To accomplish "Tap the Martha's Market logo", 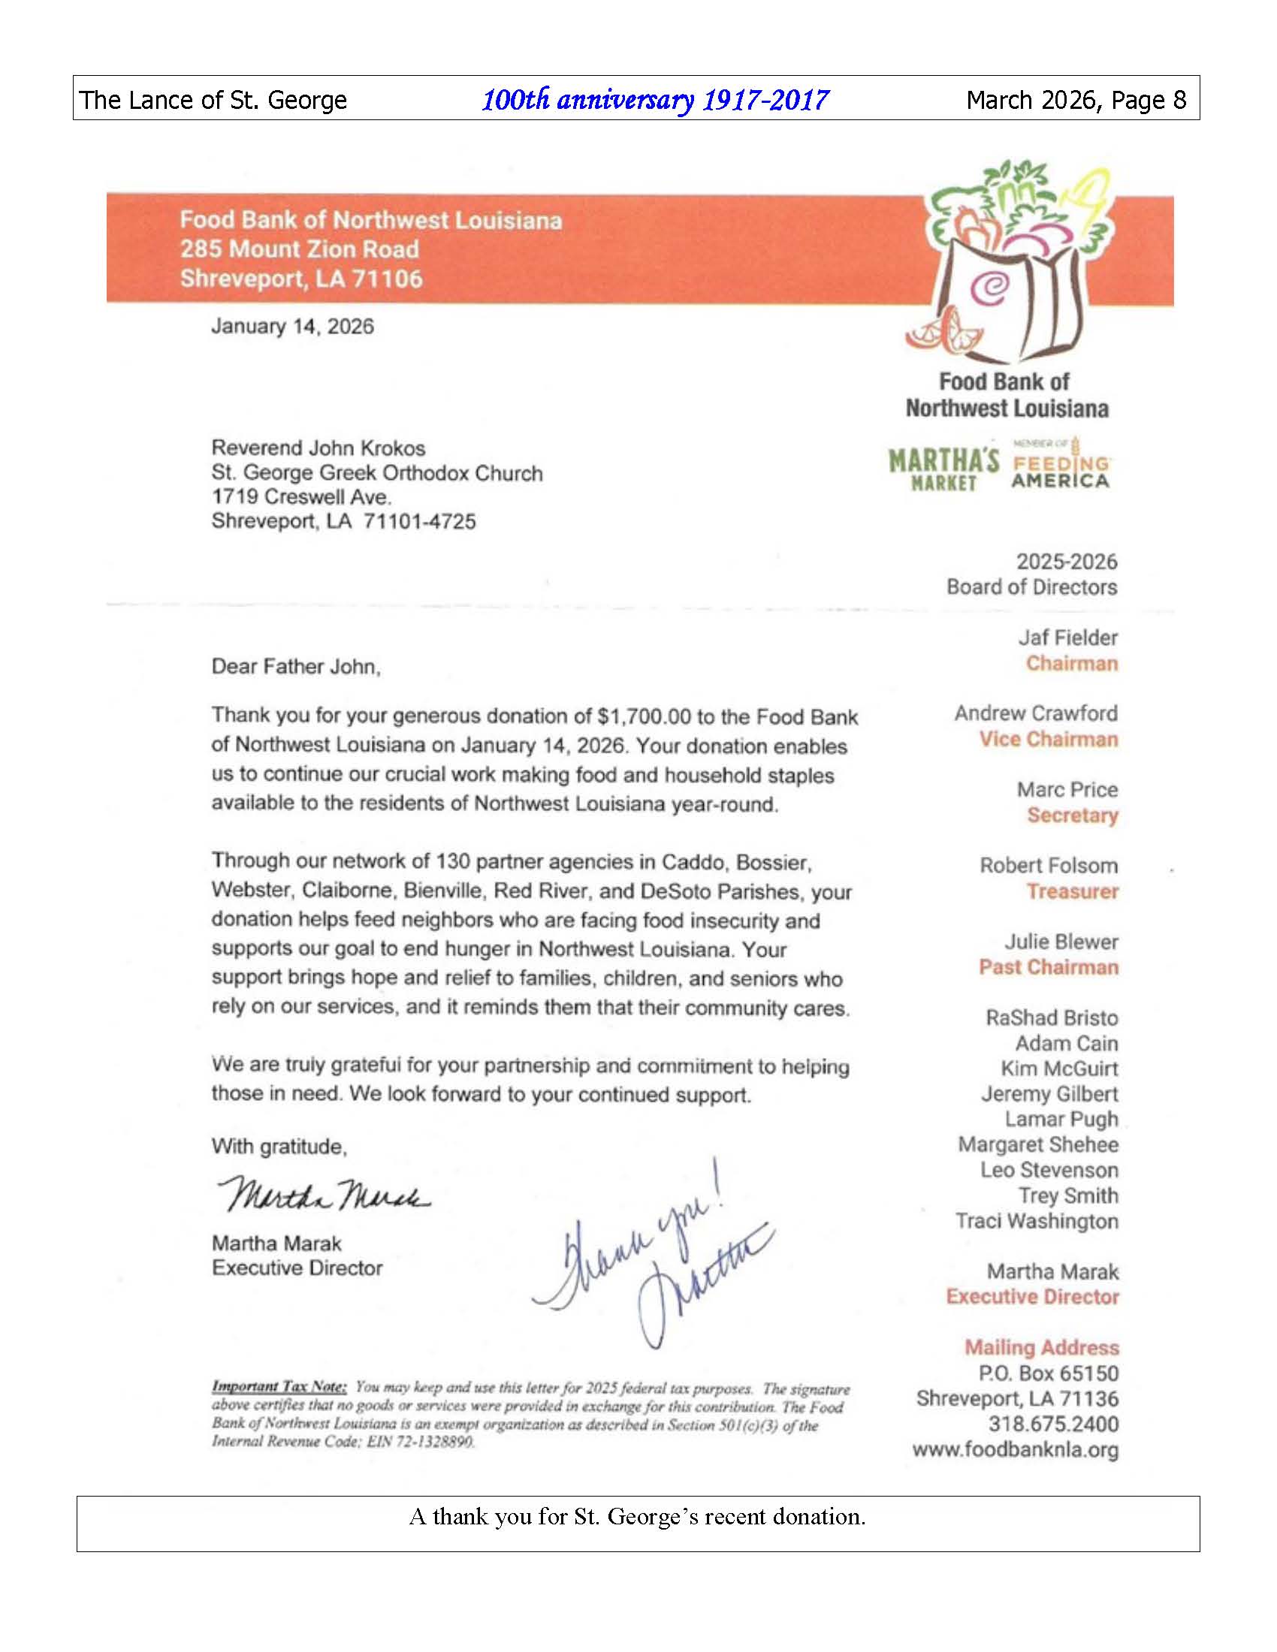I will coord(943,470).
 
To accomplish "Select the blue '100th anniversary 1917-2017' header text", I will coord(655,100).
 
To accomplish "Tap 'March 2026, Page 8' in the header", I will coord(1076,100).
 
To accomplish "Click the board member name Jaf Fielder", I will coord(1067,638).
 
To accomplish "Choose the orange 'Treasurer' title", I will coord(1072,891).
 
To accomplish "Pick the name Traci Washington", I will coord(1037,1221).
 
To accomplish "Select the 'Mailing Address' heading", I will coord(1041,1347).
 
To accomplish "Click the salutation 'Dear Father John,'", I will coord(296,666).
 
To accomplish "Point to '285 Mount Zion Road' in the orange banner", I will coord(299,249).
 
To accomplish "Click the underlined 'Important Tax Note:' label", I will coord(279,1386).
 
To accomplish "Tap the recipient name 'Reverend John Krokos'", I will coord(318,448).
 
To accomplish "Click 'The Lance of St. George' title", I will coord(213,100).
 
